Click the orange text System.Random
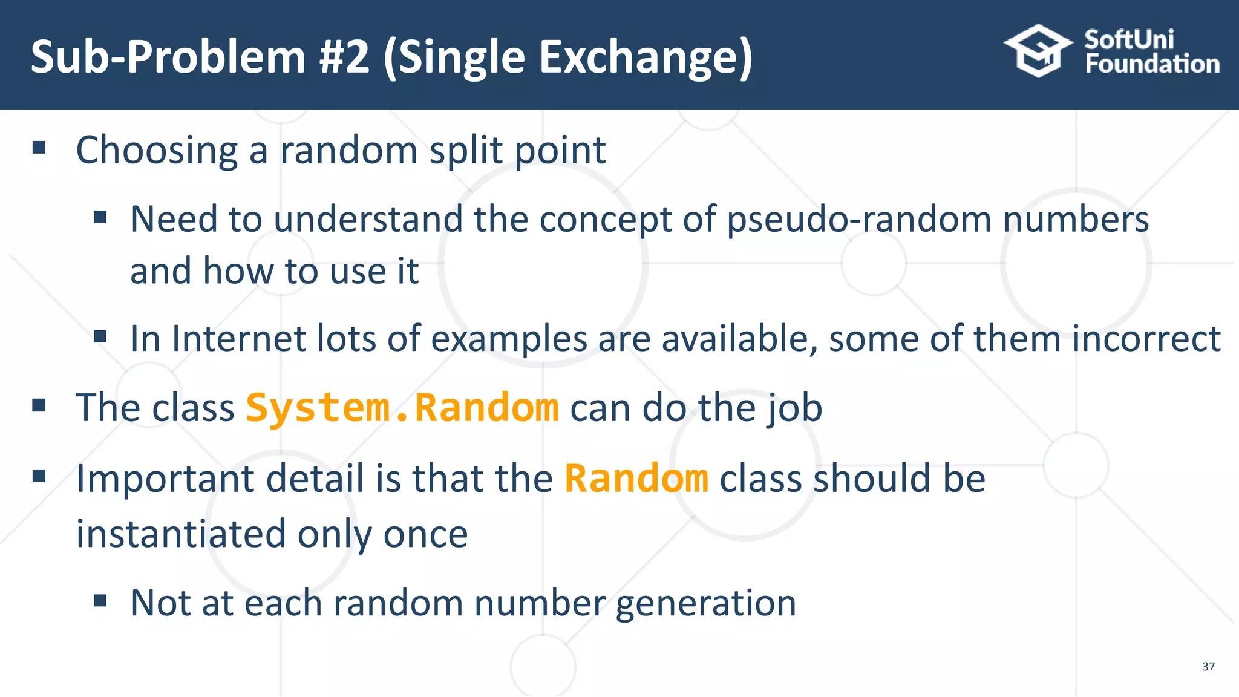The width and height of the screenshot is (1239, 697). pyautogui.click(x=402, y=408)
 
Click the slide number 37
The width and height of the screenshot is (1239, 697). pyautogui.click(x=1208, y=666)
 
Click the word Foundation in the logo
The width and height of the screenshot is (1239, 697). pyautogui.click(x=1152, y=64)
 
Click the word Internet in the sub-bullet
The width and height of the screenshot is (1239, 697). pyautogui.click(x=239, y=338)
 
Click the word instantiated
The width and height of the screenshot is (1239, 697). pyautogui.click(x=180, y=534)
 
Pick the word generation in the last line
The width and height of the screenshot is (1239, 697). pyautogui.click(x=705, y=603)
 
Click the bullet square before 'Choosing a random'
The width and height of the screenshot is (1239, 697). pyautogui.click(x=39, y=147)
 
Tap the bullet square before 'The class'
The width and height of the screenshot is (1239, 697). pyautogui.click(x=39, y=405)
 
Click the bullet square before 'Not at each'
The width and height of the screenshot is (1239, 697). pyautogui.click(x=100, y=600)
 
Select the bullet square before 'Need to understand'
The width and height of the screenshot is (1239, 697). pyautogui.click(x=100, y=216)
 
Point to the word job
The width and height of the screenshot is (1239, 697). pyautogui.click(x=796, y=408)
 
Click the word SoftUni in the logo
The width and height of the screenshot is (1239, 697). pyautogui.click(x=1129, y=39)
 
